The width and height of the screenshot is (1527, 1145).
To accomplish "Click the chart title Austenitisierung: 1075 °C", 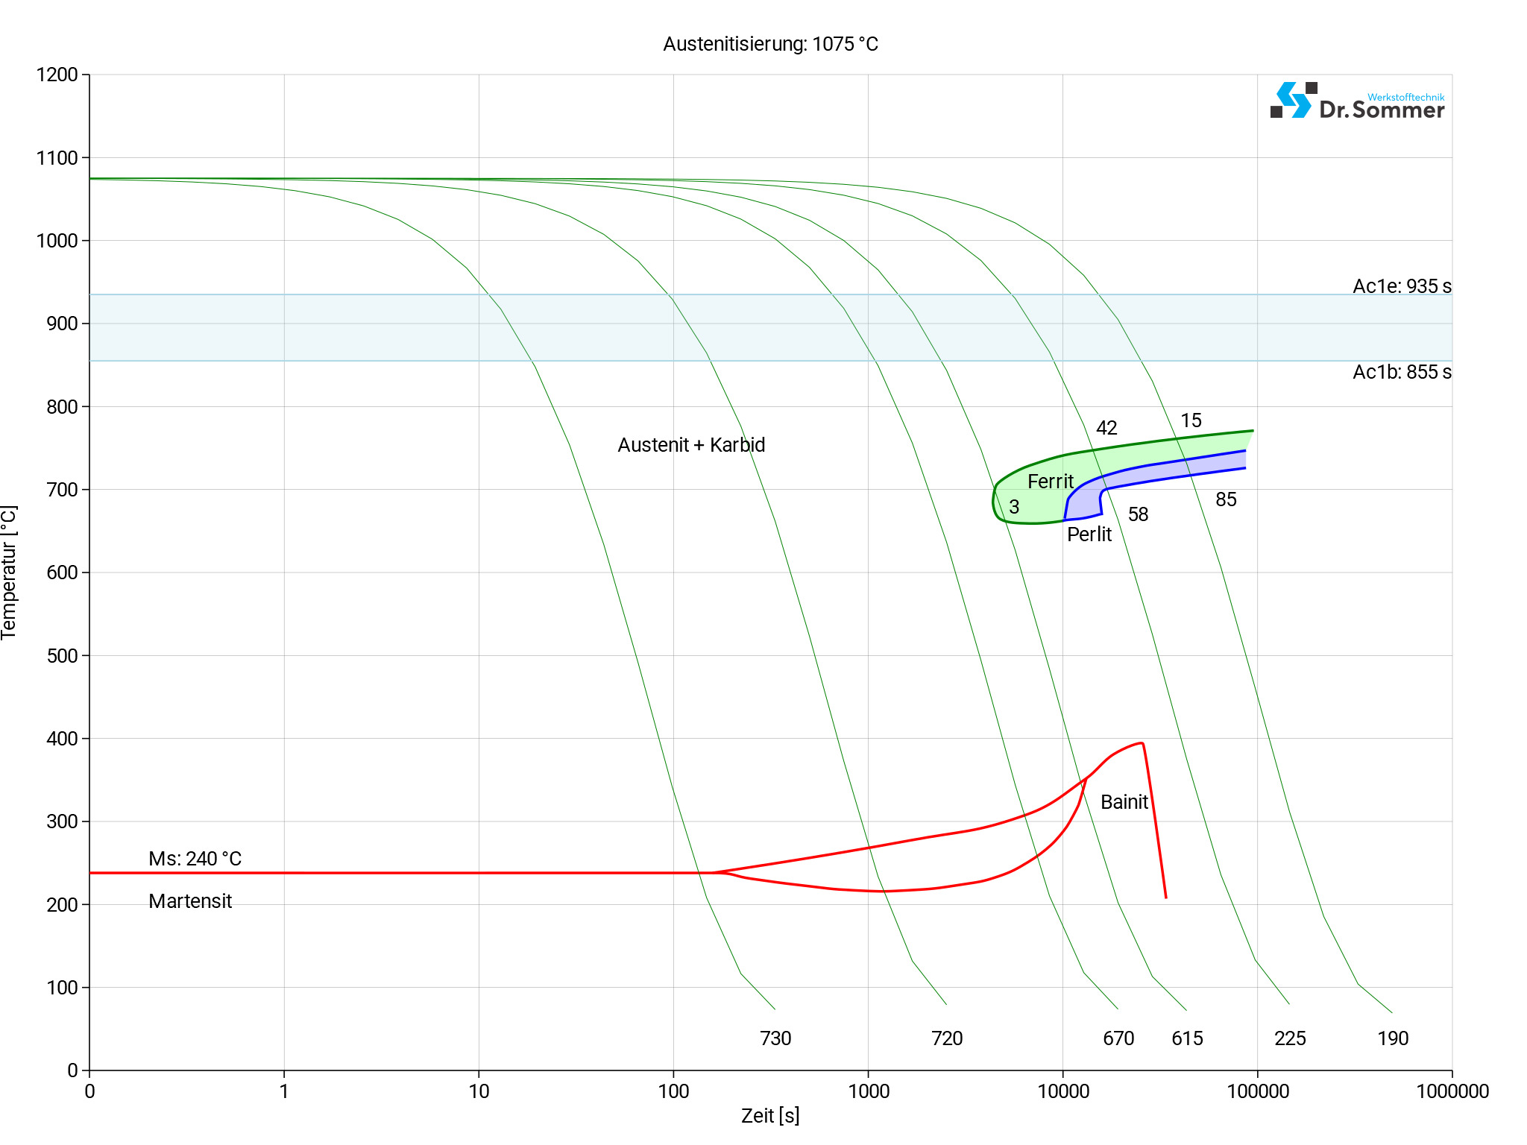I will [770, 44].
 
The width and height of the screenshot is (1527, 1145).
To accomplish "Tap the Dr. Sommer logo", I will [1357, 101].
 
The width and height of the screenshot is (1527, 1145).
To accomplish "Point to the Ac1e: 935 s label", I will [1402, 286].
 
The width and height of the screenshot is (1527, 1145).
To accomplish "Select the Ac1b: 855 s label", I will [1402, 372].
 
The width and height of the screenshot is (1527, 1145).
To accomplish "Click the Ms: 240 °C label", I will [195, 859].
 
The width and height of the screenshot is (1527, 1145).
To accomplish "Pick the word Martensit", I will [190, 901].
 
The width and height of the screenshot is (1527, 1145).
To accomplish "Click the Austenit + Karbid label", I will [691, 445].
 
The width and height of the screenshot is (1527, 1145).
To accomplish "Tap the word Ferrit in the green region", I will [1050, 482].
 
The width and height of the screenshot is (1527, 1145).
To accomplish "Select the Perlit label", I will [1089, 534].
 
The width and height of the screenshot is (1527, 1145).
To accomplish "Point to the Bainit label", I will [1124, 802].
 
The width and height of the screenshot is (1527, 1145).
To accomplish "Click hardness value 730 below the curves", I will [775, 1038].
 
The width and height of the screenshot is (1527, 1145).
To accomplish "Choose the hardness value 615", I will [1187, 1038].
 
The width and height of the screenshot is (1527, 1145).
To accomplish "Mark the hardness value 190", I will [1393, 1038].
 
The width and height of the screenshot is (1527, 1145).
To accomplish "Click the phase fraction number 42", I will [1106, 428].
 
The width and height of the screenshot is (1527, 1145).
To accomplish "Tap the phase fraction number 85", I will [1226, 499].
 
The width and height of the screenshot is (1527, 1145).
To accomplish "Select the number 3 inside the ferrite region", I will [1014, 507].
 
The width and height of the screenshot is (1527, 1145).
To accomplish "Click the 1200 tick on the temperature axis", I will [57, 75].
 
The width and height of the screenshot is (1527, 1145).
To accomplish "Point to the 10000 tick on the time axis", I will [1063, 1091].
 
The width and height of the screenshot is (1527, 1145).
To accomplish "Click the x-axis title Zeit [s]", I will [770, 1116].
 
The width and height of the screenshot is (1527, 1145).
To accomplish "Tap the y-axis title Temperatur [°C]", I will [9, 572].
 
